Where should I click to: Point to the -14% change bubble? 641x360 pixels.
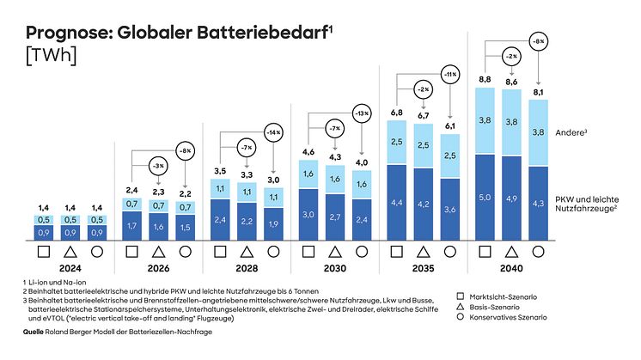pyautogui.click(x=272, y=135)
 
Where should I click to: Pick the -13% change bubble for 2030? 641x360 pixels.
pyautogui.click(x=363, y=113)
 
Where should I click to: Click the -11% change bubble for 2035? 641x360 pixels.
pyautogui.click(x=448, y=75)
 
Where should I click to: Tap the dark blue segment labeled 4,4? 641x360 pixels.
pyautogui.click(x=397, y=203)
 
